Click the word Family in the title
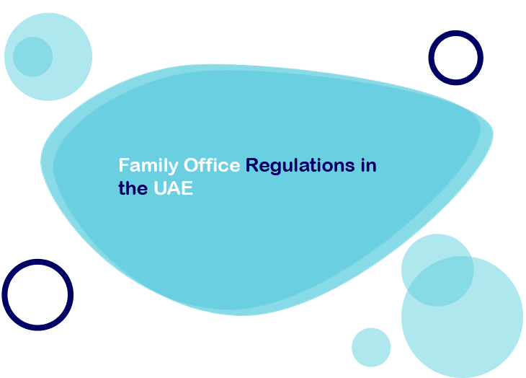tap(148, 166)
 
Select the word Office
tap(212, 164)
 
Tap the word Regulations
tap(300, 166)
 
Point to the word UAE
tap(173, 188)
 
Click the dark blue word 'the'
tap(133, 188)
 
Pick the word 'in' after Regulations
tap(369, 165)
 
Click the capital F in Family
tap(124, 164)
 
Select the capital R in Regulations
tap(252, 164)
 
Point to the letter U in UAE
tap(160, 188)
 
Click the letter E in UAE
tap(187, 188)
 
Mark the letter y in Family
tap(174, 168)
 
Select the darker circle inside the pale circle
tap(33, 57)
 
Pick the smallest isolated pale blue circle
tap(371, 348)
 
